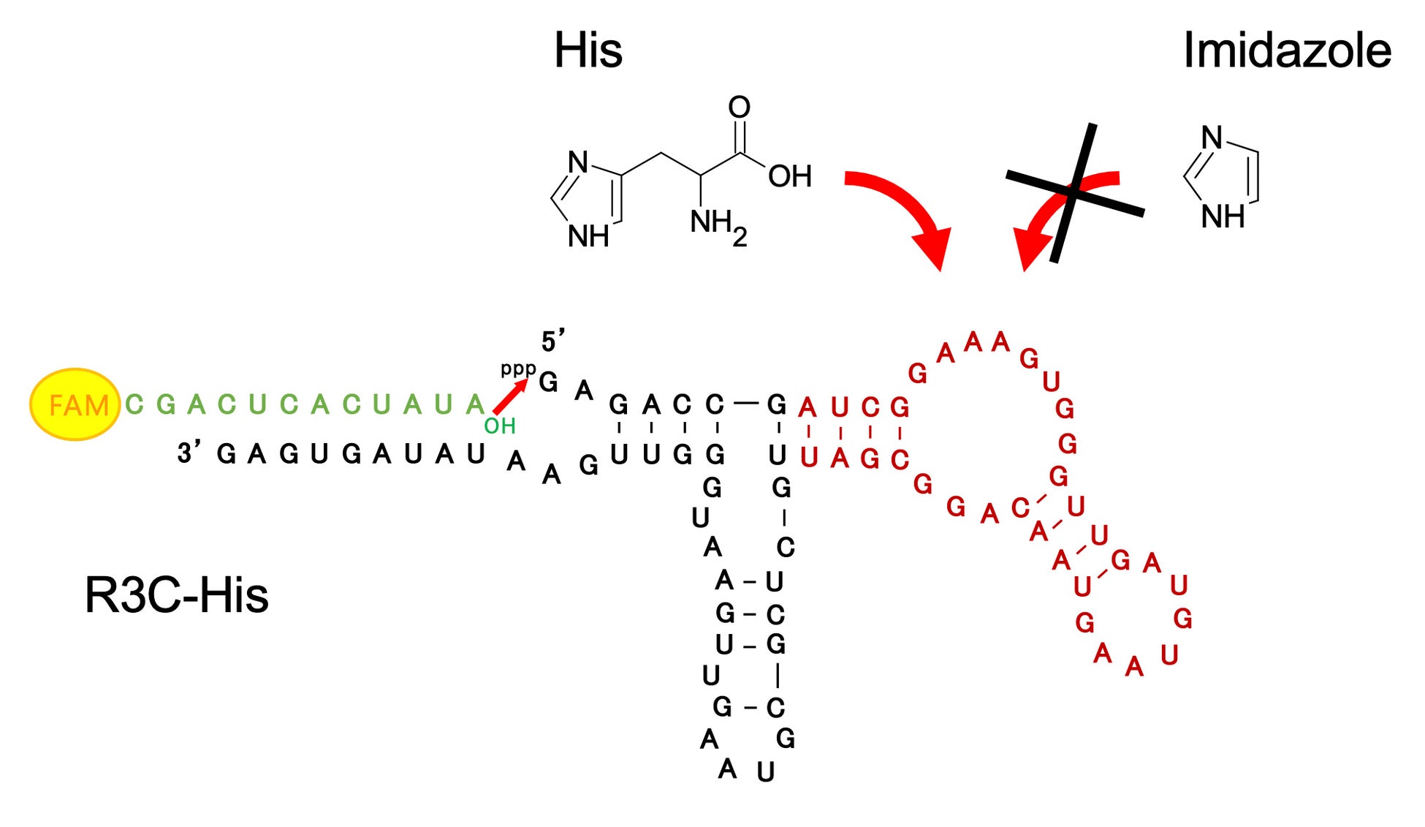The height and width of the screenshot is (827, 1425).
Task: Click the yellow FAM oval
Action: [75, 404]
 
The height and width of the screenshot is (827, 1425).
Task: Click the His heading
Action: [588, 50]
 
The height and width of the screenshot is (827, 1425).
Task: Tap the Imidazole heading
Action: [1287, 50]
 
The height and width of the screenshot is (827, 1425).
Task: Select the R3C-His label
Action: [176, 595]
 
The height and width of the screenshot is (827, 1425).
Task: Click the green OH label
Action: [500, 426]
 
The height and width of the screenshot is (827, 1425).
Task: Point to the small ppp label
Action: [518, 369]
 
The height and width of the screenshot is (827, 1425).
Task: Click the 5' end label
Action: [553, 341]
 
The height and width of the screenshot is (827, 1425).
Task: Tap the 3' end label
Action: [189, 453]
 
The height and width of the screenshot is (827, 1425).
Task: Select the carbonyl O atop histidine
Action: [740, 107]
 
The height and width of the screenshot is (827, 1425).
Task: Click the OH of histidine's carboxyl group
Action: [790, 176]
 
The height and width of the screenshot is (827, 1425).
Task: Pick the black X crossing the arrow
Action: [1074, 192]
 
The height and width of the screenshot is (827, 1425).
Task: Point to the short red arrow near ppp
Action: [510, 397]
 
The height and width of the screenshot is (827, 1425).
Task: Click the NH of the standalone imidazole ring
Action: [1223, 216]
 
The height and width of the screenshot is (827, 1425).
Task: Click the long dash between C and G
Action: [745, 403]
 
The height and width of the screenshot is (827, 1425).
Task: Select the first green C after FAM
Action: [134, 404]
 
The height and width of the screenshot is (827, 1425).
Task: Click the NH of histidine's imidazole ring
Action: [588, 236]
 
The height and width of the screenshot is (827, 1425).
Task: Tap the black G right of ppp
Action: [548, 382]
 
